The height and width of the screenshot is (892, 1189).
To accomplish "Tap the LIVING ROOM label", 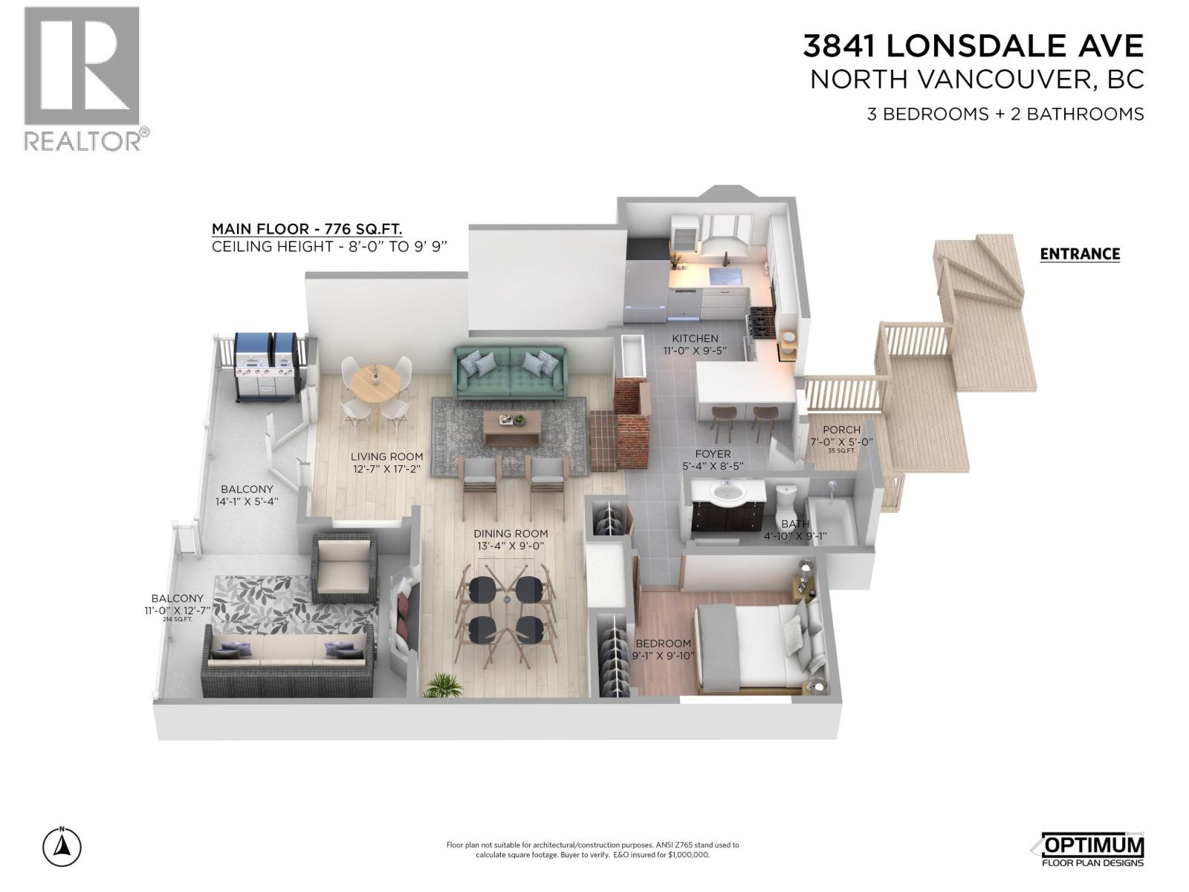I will pos(387,457).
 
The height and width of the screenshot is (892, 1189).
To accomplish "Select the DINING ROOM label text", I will pos(511,534).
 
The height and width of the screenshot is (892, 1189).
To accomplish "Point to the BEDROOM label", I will pos(663,644).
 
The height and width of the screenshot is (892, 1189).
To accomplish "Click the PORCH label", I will pos(841,430).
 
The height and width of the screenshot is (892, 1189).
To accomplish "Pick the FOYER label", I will pos(713,453).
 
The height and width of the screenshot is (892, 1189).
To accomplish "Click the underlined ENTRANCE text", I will pos(1080,254).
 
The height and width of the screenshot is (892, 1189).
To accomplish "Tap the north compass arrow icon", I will pos(62,847).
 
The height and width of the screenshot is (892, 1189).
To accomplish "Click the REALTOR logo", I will pos(82,78).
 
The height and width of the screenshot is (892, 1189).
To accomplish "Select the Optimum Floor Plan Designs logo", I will pos(1090,850).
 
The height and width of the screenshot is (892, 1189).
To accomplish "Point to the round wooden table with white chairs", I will pos(375,386).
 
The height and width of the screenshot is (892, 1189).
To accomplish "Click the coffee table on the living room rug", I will pos(511,427).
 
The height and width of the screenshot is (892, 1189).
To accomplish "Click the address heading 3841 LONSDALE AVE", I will pos(973,46).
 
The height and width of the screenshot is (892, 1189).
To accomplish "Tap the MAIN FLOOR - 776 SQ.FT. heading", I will pos(307,229).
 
